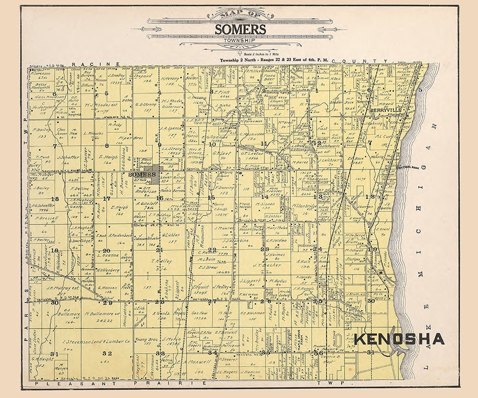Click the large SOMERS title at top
pyautogui.click(x=240, y=28)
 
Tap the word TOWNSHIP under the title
pyautogui.click(x=240, y=38)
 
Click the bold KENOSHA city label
pyautogui.click(x=399, y=339)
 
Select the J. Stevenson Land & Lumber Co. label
pyautogui.click(x=96, y=342)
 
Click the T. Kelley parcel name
pyautogui.click(x=159, y=261)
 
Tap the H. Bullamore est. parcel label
pyautogui.click(x=94, y=314)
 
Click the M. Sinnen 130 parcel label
pyautogui.click(x=265, y=204)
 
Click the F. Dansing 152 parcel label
pyautogui.click(x=225, y=188)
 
